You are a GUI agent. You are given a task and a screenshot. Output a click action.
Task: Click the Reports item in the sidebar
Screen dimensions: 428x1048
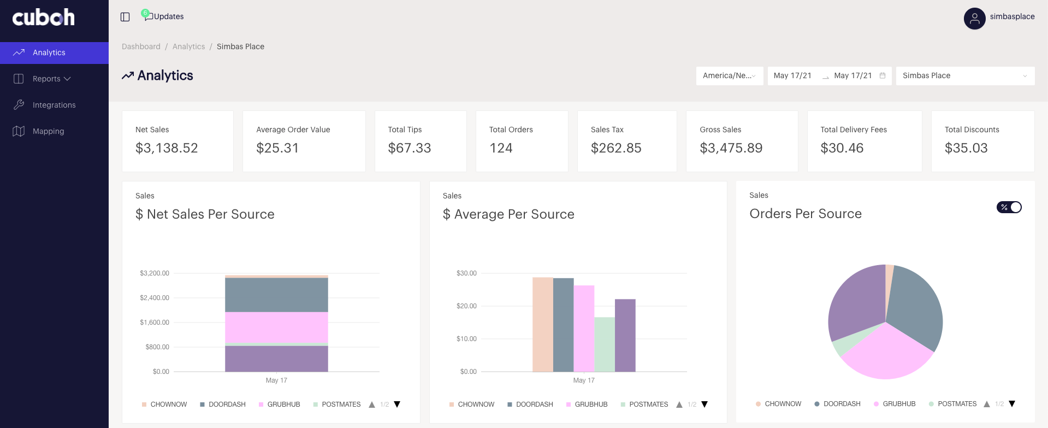pyautogui.click(x=47, y=79)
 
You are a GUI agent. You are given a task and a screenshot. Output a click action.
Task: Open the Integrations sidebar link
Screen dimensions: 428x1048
pyautogui.click(x=54, y=105)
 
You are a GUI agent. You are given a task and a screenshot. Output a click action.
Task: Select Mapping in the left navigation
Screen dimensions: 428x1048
pyautogui.click(x=48, y=131)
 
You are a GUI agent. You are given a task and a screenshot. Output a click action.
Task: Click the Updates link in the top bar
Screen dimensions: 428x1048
pyautogui.click(x=168, y=16)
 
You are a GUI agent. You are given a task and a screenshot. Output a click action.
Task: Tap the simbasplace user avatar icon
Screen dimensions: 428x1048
pyautogui.click(x=974, y=19)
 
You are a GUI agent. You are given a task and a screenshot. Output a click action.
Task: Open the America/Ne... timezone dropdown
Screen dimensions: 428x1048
pyautogui.click(x=729, y=75)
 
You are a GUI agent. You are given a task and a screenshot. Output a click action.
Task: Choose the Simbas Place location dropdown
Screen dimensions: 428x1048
pyautogui.click(x=964, y=75)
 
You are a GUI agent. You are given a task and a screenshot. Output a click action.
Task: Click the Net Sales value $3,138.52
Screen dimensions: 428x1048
pyautogui.click(x=167, y=148)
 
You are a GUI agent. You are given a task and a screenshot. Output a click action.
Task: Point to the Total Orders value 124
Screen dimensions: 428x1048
pyautogui.click(x=501, y=148)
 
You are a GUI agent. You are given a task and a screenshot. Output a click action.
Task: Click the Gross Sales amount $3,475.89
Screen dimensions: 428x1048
pyautogui.click(x=731, y=148)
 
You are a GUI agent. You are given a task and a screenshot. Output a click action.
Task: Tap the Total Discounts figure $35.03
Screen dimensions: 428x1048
pyautogui.click(x=966, y=148)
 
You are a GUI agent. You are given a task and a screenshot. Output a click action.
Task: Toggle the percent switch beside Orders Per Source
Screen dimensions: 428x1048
pyautogui.click(x=1009, y=207)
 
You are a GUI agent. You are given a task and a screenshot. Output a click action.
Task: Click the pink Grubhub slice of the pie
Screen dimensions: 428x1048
pyautogui.click(x=885, y=355)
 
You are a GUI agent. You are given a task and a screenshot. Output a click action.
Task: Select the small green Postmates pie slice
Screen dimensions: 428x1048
pyautogui.click(x=842, y=346)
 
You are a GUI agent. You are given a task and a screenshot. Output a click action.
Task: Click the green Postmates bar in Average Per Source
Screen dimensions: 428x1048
pyautogui.click(x=605, y=344)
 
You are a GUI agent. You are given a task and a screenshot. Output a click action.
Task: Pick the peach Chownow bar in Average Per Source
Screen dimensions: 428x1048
pyautogui.click(x=542, y=325)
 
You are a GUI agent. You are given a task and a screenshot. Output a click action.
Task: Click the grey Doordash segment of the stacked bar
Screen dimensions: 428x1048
pyautogui.click(x=276, y=295)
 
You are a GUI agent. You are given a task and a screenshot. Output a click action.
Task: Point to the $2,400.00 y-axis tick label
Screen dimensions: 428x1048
pyautogui.click(x=155, y=298)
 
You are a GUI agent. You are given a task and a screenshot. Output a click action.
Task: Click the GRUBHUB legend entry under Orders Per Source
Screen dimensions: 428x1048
pyautogui.click(x=898, y=404)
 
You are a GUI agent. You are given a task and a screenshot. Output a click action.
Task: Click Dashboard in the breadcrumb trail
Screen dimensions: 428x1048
pyautogui.click(x=141, y=46)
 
